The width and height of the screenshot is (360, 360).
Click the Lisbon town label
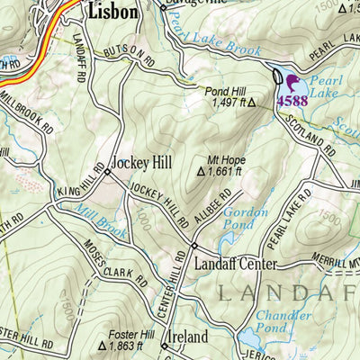coord(112,12)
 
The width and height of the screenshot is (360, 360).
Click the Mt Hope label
coord(227,160)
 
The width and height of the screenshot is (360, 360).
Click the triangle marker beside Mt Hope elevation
coord(201,171)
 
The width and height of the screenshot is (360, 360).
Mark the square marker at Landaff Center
coord(193,246)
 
